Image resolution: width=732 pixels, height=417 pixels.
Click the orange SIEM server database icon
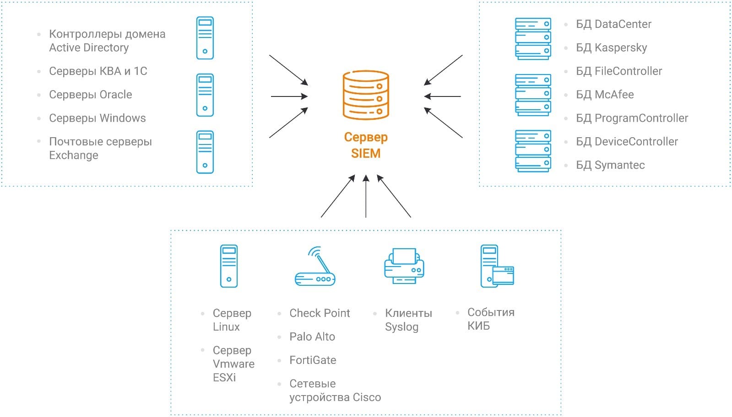point(366,95)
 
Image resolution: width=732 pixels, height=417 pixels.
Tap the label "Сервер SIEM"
point(366,145)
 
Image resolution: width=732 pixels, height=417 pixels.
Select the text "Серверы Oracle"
point(91,95)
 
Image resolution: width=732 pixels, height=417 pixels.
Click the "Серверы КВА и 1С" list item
point(98,71)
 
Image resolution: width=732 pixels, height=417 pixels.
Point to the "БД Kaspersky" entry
point(611,48)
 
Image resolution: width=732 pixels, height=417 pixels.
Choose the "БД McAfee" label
point(605,95)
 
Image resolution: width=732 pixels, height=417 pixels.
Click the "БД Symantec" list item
point(610,165)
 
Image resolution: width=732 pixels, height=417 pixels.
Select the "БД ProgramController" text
point(632,118)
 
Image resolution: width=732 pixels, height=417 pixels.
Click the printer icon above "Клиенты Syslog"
point(404,266)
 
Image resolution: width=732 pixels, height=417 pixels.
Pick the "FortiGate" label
point(313,360)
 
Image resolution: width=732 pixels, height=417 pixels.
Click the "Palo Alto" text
point(312,337)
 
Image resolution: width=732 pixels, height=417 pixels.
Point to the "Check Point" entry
point(320,313)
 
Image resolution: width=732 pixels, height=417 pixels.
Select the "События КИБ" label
point(491,319)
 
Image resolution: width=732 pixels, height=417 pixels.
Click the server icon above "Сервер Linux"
point(229,266)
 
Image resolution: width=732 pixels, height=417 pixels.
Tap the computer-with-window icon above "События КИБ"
point(497,267)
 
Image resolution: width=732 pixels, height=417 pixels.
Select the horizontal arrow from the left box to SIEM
point(289,96)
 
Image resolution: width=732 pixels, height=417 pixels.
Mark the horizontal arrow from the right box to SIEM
point(443,96)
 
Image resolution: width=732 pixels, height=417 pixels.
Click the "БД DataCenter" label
point(613,24)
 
